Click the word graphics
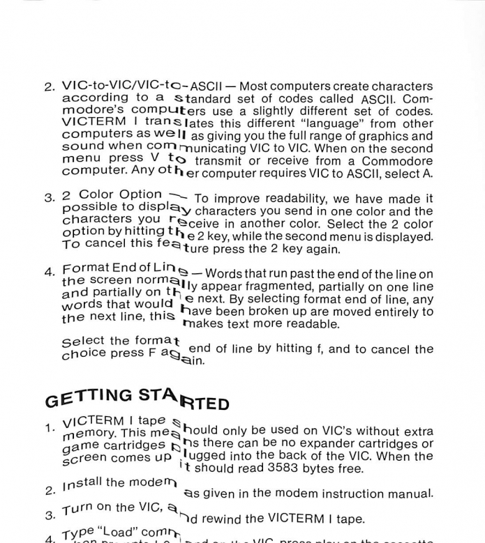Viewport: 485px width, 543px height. point(383,136)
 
